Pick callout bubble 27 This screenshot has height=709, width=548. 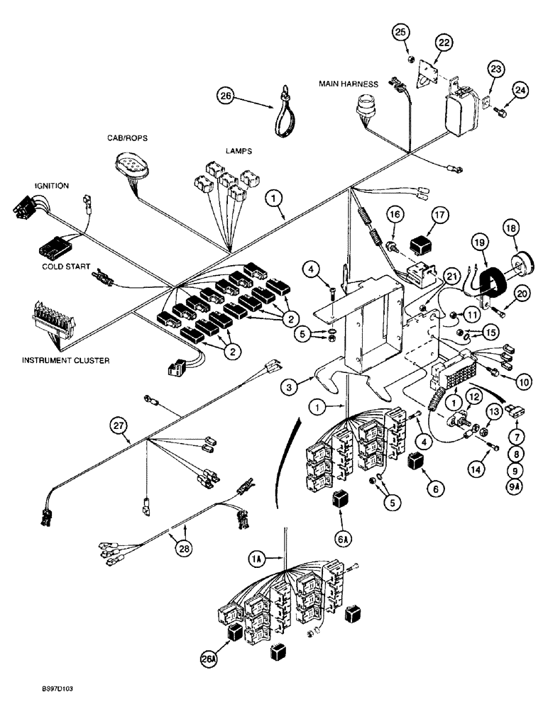[119, 427]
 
